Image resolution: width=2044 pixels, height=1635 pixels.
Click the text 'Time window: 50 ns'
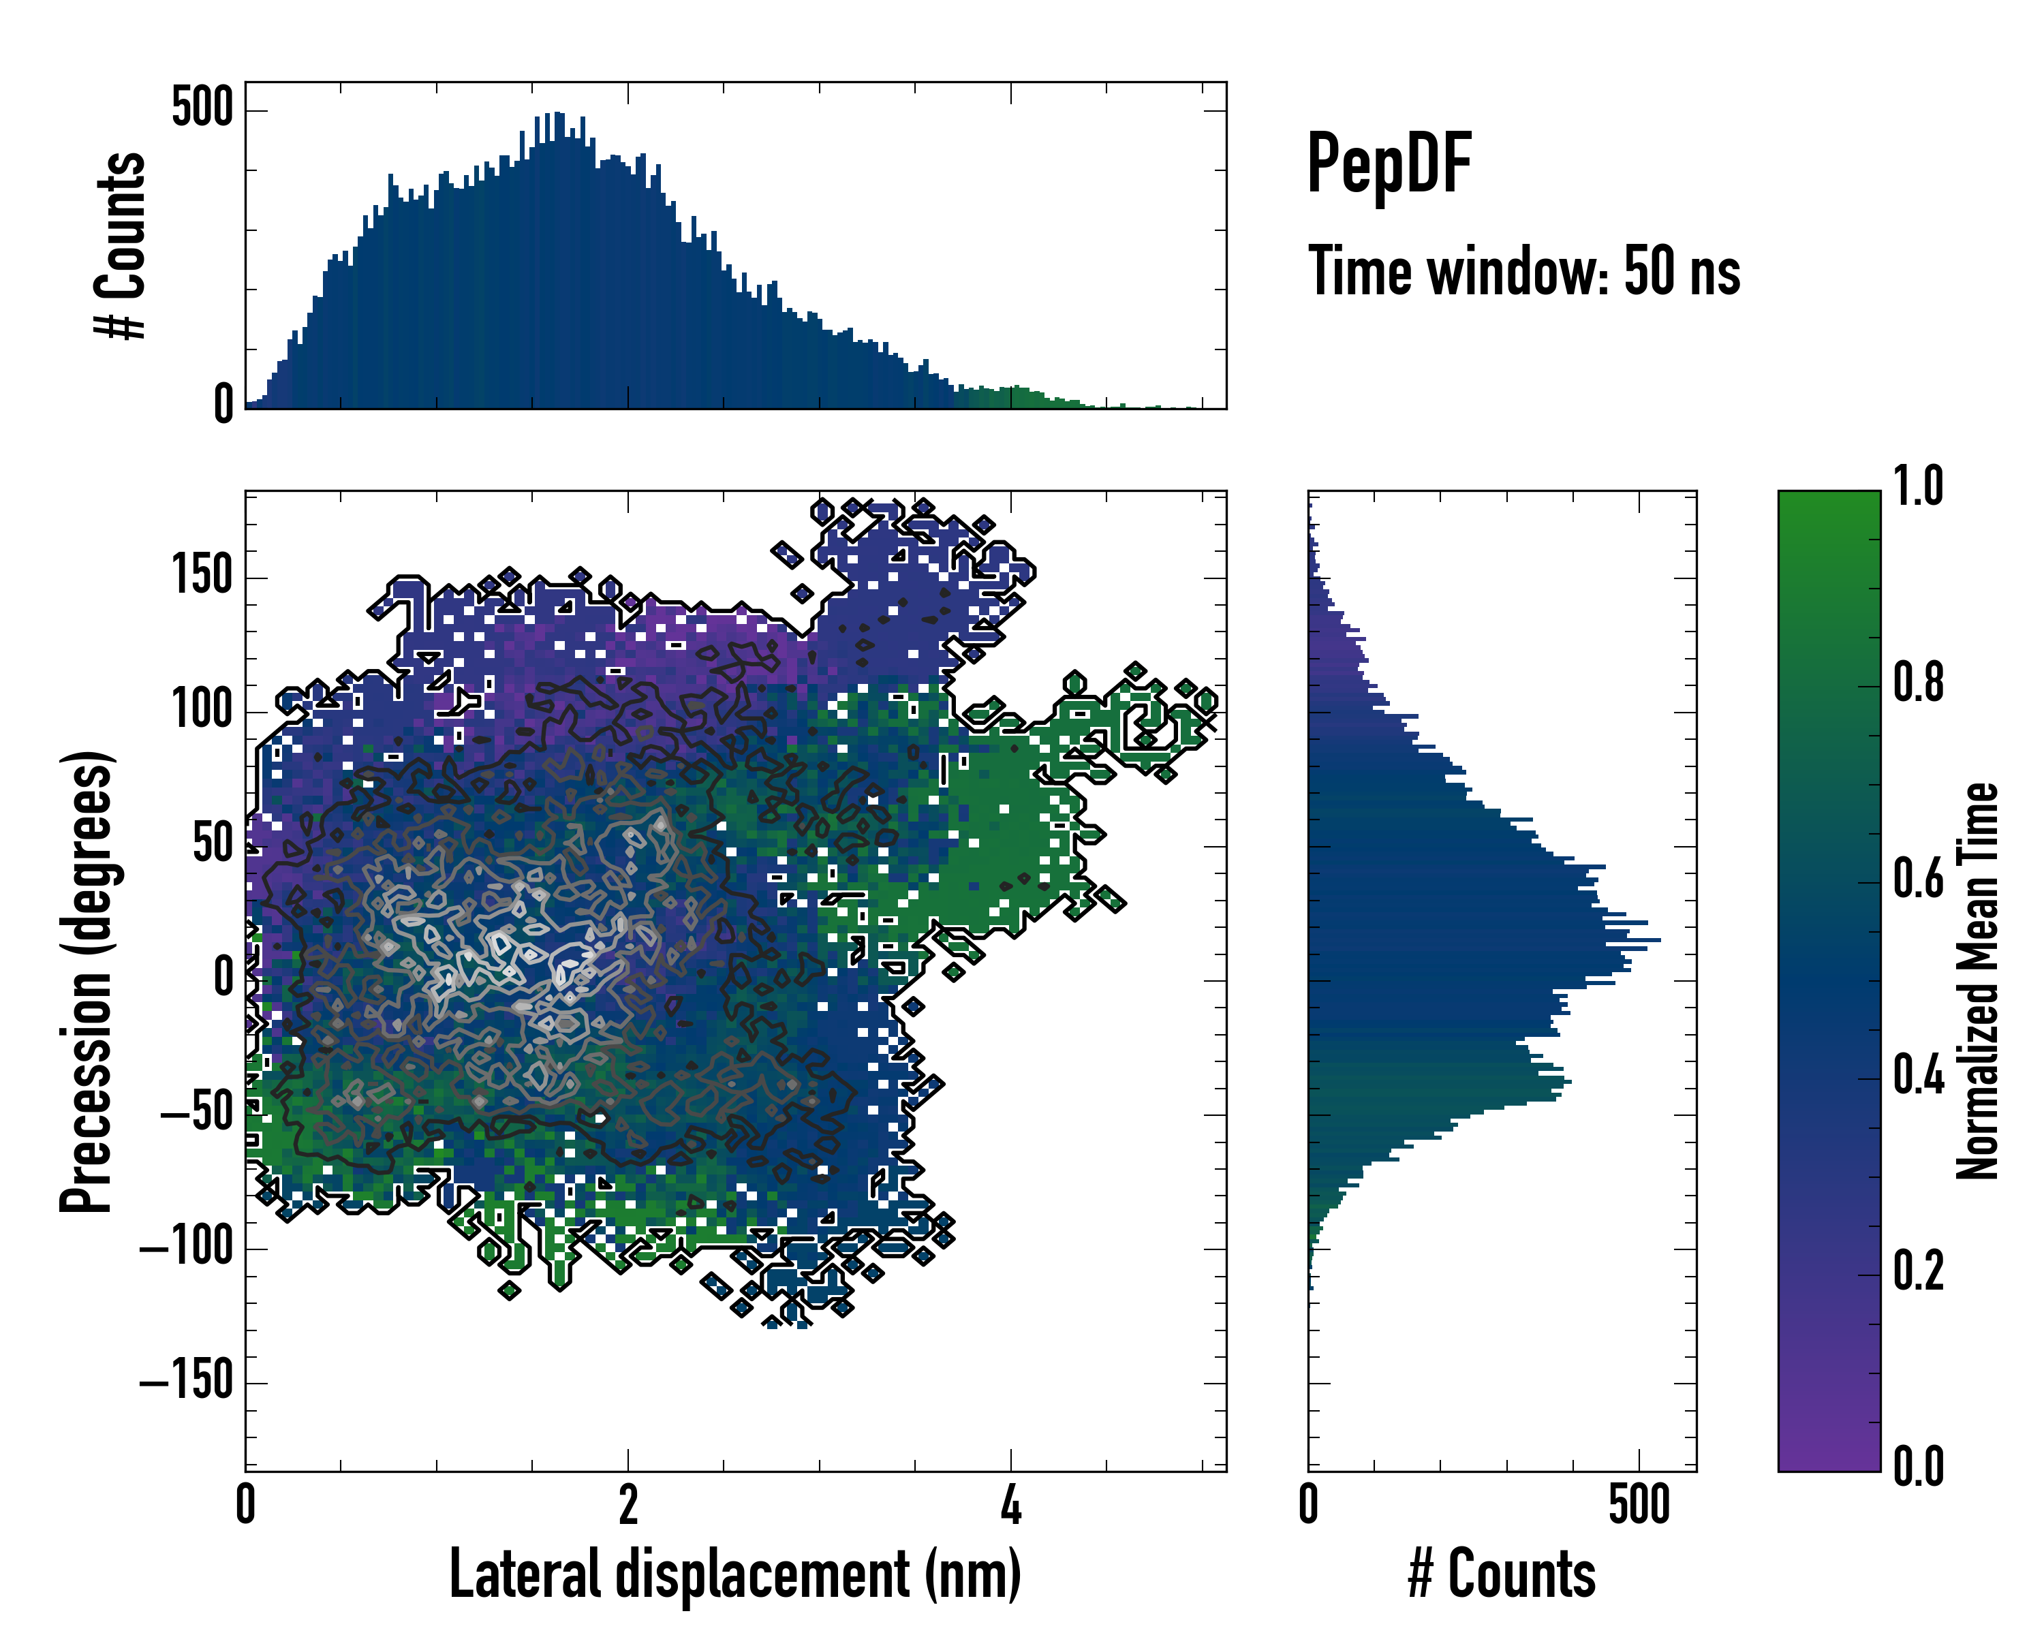pos(1523,272)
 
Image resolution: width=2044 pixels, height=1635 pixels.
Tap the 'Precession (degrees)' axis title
pos(87,981)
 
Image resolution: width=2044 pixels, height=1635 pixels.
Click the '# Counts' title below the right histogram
pos(1502,1574)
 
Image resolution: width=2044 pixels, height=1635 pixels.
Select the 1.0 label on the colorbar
pos(1918,486)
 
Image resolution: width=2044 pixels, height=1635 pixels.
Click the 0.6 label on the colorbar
pos(1918,879)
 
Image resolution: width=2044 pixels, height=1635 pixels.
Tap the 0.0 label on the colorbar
pos(1918,1466)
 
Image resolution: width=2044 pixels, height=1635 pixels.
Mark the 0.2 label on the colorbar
pos(1918,1271)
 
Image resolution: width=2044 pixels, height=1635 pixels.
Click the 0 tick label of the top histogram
pos(223,405)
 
